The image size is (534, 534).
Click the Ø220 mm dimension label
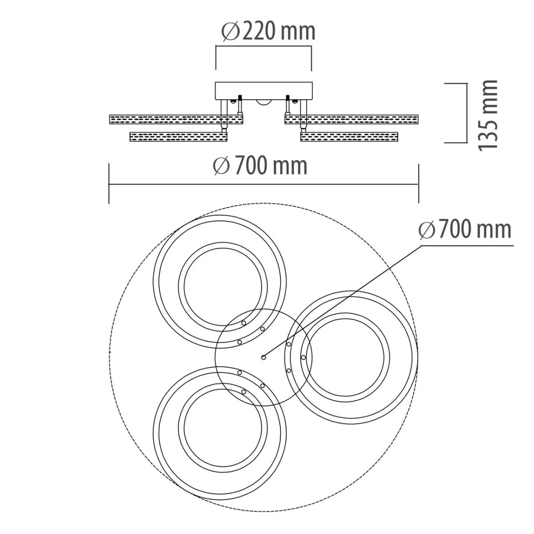point(268,32)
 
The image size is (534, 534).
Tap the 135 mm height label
point(488,115)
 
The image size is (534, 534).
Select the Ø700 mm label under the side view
point(260,166)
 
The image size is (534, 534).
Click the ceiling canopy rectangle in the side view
point(264,91)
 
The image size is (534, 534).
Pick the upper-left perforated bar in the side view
point(177,119)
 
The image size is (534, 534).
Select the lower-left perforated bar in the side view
point(178,137)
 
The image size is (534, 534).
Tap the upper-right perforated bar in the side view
point(352,119)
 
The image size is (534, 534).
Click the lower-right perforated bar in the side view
point(349,137)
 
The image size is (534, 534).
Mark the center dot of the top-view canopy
point(263,357)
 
